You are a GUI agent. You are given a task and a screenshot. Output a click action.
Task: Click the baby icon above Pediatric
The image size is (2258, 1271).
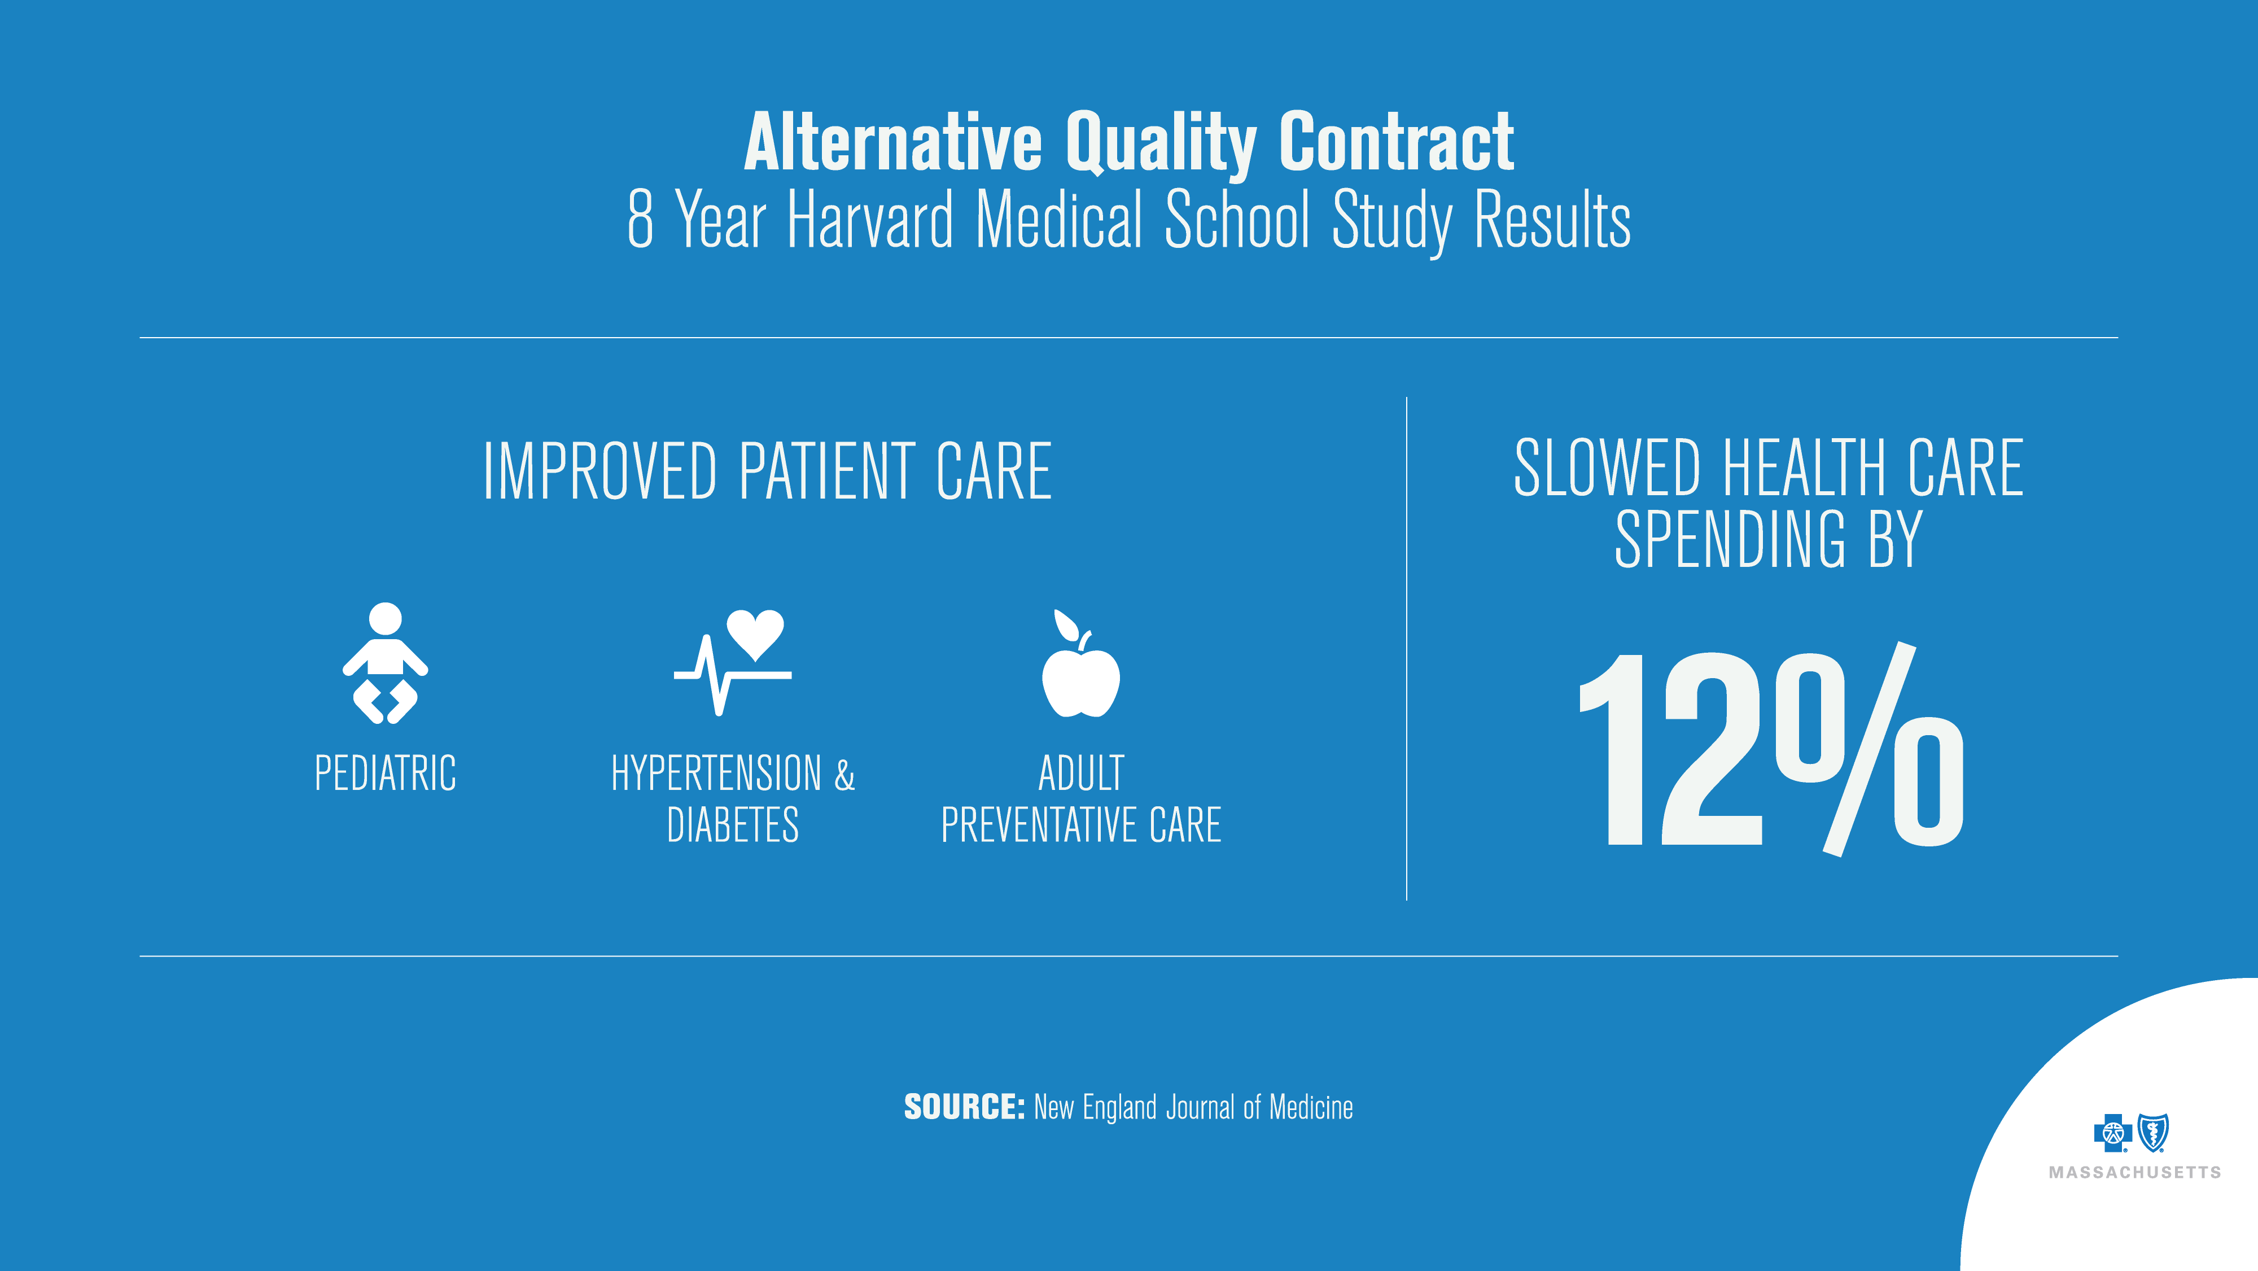point(385,663)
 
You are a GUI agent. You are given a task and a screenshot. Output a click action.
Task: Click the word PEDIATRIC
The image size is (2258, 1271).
point(386,773)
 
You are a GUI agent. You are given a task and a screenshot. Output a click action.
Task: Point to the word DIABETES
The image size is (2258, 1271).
point(733,825)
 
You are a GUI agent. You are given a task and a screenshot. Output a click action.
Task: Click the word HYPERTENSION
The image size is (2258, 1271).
point(716,773)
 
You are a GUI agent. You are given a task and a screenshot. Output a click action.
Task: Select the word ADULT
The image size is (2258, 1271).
point(1081,773)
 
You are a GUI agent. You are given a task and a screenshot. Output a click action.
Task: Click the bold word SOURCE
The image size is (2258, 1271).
point(964,1107)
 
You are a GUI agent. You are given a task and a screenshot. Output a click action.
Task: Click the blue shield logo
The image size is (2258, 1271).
point(2154,1133)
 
